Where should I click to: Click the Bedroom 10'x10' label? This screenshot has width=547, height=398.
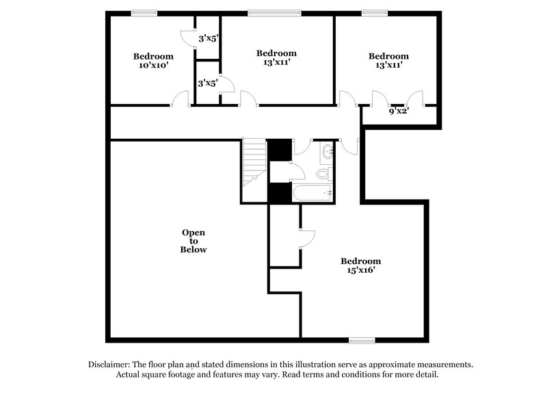click(x=152, y=61)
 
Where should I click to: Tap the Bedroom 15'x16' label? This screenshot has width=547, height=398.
click(x=360, y=266)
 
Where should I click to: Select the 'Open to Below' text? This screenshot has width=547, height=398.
click(x=194, y=241)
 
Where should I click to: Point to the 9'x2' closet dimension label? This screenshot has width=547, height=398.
click(x=399, y=111)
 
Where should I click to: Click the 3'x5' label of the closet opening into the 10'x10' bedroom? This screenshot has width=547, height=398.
click(x=208, y=39)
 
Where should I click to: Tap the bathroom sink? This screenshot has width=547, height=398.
click(x=326, y=152)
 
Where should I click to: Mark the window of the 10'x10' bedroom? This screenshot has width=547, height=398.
click(x=144, y=12)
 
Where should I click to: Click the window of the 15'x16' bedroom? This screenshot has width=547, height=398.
click(x=362, y=340)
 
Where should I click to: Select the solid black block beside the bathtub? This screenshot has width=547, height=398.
click(x=278, y=194)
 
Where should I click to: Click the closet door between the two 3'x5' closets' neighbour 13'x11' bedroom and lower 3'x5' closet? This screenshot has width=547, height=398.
click(x=228, y=84)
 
